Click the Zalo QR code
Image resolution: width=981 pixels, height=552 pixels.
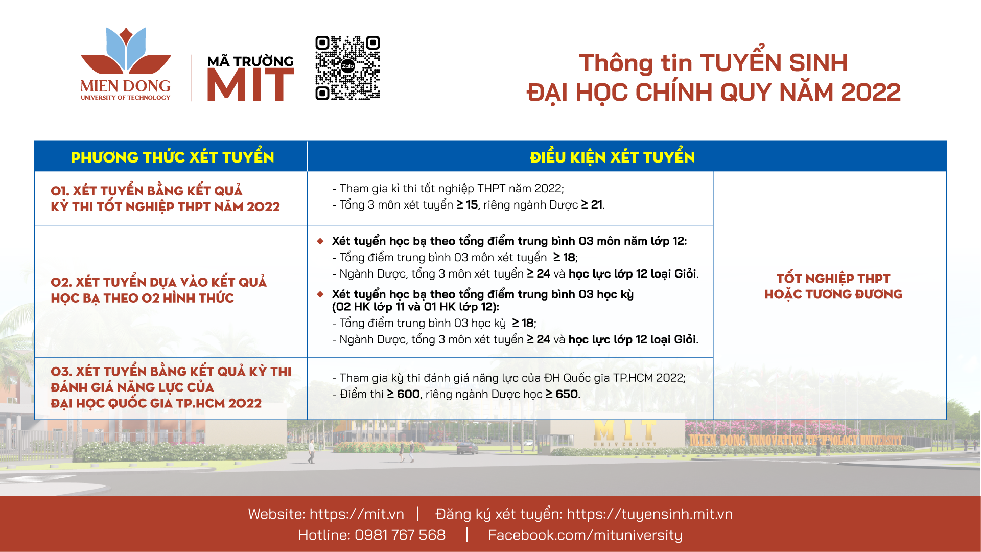tap(347, 67)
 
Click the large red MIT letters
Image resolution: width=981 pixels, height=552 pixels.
tap(250, 85)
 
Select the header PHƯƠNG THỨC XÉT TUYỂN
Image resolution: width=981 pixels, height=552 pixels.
tap(172, 156)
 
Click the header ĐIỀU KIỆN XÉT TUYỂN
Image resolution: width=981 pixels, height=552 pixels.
tap(612, 156)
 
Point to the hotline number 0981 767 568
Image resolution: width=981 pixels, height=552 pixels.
tap(400, 535)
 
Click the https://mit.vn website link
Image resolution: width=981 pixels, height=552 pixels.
tap(357, 514)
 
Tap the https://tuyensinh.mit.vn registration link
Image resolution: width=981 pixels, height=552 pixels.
tap(649, 514)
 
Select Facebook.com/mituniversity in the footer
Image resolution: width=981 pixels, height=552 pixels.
tap(585, 535)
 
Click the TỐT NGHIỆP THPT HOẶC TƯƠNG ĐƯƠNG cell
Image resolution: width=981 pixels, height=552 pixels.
tap(833, 286)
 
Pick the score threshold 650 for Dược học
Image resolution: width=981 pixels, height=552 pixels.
tap(567, 394)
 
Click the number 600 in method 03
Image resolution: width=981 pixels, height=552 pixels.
tap(408, 394)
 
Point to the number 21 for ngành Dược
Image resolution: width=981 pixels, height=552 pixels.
tap(596, 204)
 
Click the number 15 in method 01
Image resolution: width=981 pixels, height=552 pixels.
tap(472, 204)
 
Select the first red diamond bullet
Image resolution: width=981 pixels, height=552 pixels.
tap(320, 241)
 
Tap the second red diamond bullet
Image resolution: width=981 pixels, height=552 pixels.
tap(320, 294)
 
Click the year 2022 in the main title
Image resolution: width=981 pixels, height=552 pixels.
tap(871, 93)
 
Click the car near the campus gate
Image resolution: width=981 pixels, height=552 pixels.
tap(467, 448)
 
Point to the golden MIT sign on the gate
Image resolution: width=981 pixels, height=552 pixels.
tap(625, 431)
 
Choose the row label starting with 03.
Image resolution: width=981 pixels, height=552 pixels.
tap(171, 387)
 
